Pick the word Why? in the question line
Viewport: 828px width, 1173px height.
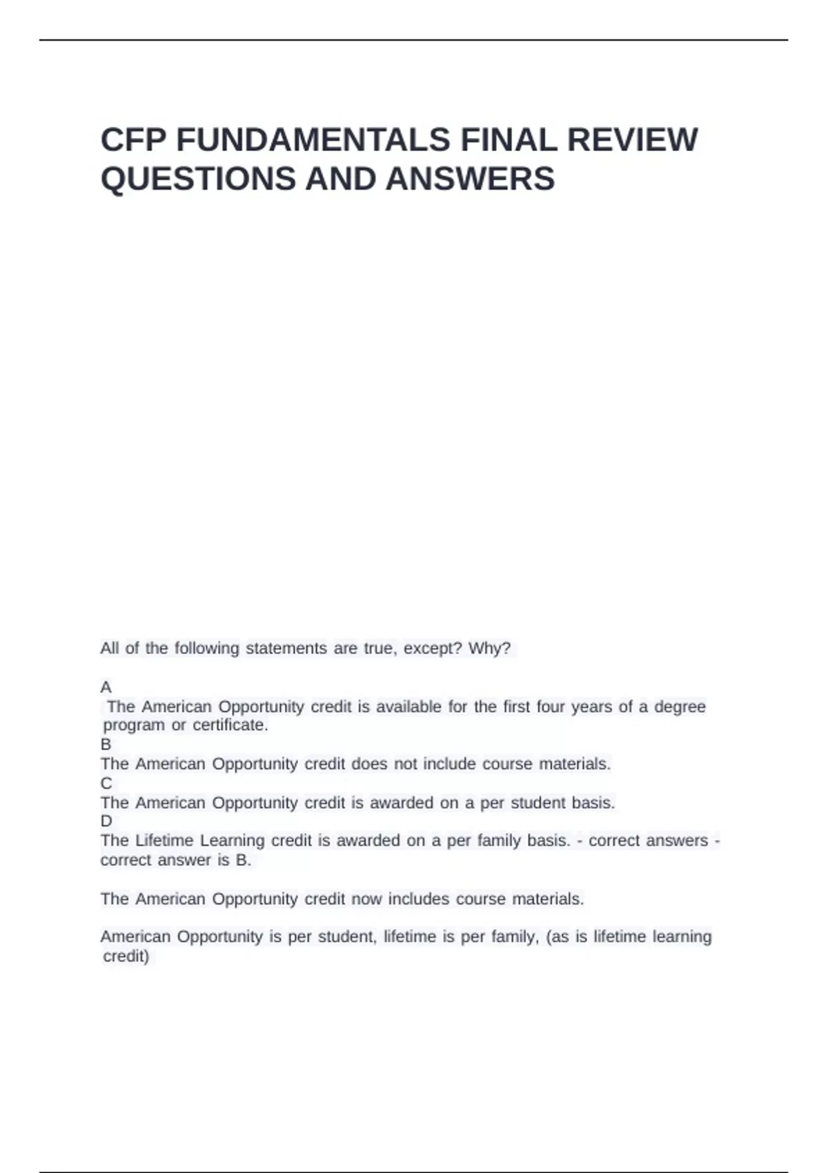coord(489,649)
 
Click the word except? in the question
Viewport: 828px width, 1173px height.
coord(433,649)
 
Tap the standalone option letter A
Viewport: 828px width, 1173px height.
coord(106,687)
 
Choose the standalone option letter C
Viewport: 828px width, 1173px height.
coord(106,783)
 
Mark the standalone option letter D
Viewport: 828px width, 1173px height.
coord(106,821)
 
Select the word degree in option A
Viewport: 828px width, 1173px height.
coord(680,707)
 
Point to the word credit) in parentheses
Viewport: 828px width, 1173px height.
coord(126,956)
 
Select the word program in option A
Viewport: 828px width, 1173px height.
coord(134,725)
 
